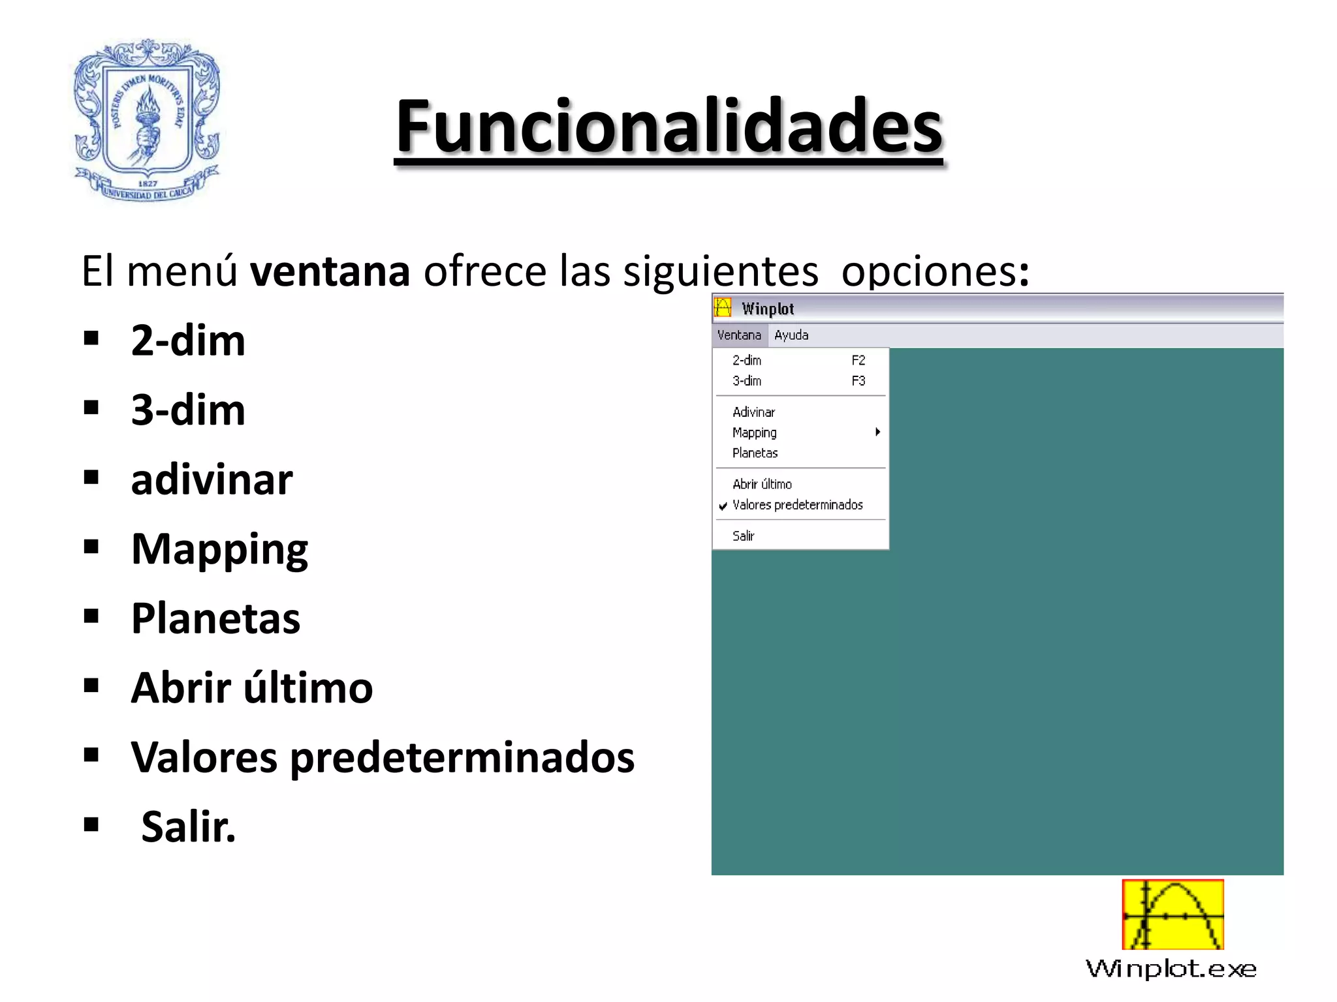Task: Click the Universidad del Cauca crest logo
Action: pos(148,120)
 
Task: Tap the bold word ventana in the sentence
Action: pos(330,271)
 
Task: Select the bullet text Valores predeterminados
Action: pos(383,757)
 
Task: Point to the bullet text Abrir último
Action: pos(252,688)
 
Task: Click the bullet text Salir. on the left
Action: pos(188,827)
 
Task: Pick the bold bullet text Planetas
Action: pos(215,618)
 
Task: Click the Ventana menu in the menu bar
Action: pos(739,335)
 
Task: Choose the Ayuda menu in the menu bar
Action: pos(791,335)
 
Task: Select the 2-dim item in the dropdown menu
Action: pos(747,360)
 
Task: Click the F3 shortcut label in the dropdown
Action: pos(858,381)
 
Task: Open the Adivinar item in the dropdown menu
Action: pos(753,412)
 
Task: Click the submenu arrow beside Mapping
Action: pos(878,432)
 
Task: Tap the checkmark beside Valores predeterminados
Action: pos(723,506)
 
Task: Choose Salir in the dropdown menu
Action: pos(743,536)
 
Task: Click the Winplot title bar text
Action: pos(768,309)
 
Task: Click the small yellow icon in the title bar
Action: pos(723,307)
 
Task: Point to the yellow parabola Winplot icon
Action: pos(1172,915)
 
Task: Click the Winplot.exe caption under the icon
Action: pos(1171,969)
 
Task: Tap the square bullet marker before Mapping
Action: pos(91,547)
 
